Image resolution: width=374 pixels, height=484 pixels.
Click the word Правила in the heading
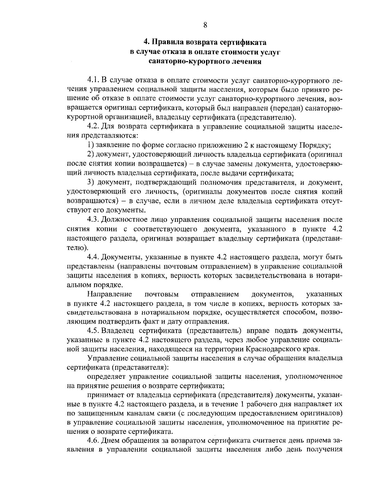click(x=168, y=42)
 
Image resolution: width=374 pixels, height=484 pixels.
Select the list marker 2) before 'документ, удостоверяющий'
click(x=91, y=154)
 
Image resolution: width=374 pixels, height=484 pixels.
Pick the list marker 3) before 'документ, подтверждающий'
click(x=91, y=182)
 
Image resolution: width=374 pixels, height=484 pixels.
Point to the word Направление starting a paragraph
click(x=110, y=294)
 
